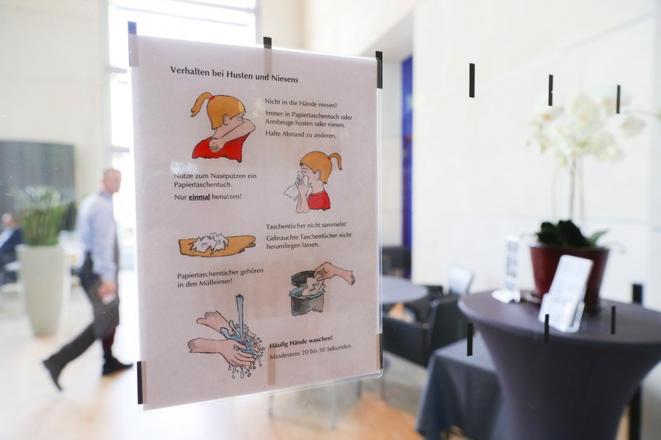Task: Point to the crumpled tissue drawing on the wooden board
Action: (x=215, y=245)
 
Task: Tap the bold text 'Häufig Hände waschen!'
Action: (x=301, y=339)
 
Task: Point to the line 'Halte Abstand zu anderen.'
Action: (x=300, y=134)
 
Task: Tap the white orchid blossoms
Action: (x=579, y=128)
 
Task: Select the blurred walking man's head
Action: (x=112, y=180)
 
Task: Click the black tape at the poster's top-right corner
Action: (x=379, y=69)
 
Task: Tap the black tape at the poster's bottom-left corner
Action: (x=140, y=382)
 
